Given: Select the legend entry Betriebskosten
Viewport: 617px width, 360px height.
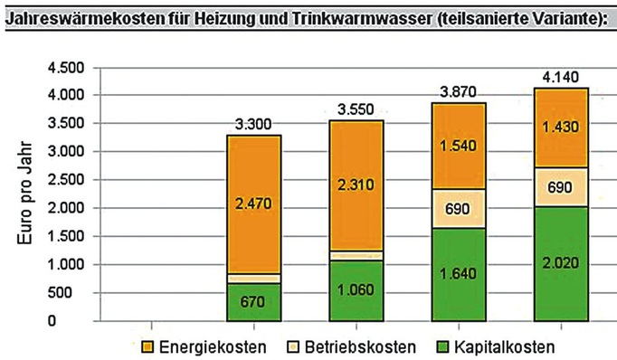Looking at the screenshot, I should coord(359,347).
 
